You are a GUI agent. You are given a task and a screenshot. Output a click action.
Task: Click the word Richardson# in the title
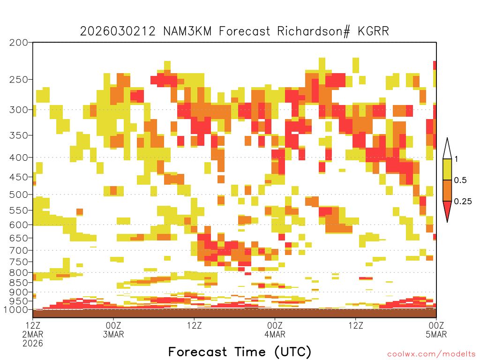pos(314,31)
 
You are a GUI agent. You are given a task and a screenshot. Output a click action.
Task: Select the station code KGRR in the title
pos(374,31)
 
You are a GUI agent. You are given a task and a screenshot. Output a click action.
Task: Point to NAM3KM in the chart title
pos(187,31)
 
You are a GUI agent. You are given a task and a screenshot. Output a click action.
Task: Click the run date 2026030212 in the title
pos(118,31)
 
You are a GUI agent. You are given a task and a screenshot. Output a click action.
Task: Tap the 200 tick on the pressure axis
pos(19,43)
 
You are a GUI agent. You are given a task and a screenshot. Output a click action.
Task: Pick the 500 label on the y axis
pos(19,195)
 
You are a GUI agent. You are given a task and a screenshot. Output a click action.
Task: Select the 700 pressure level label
pos(19,250)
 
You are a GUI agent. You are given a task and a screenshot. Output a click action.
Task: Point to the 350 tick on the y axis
pos(19,135)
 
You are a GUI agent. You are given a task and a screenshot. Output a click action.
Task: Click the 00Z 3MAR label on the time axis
pos(113,330)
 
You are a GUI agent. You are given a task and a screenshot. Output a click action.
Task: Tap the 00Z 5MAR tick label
pos(436,330)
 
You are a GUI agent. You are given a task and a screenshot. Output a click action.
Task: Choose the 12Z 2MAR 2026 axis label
pos(33,334)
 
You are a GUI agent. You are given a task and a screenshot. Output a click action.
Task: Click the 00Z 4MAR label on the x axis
pos(275,330)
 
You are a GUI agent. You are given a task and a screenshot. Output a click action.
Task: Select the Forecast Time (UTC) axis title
pos(240,352)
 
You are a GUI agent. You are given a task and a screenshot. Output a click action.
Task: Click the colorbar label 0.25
pos(463,202)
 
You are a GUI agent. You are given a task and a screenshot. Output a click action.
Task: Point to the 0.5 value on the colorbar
pos(460,180)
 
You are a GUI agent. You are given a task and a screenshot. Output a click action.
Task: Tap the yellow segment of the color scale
pos(447,169)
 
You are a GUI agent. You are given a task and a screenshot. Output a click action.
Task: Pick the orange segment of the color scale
pos(447,190)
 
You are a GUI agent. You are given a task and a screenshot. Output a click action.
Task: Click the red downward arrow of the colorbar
pos(447,210)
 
